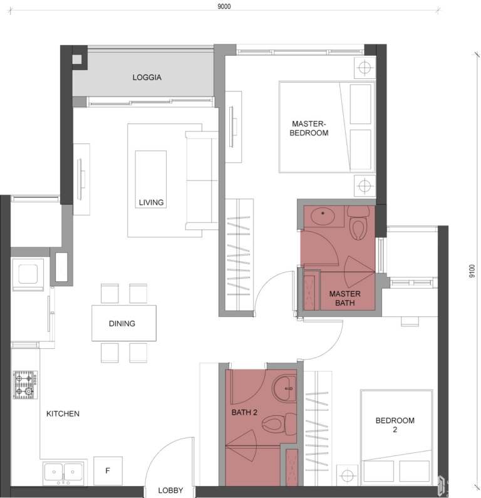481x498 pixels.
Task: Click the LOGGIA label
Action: pos(147,77)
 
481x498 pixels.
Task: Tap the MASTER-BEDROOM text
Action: pos(309,128)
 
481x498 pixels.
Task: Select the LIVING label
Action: pos(151,202)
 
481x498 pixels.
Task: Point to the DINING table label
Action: pos(122,323)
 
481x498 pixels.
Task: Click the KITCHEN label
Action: pos(63,413)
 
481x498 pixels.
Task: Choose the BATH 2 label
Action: pos(244,412)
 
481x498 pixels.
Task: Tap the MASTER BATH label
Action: pos(345,298)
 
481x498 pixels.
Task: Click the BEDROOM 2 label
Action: pos(395,425)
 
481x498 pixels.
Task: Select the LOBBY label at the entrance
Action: pos(170,490)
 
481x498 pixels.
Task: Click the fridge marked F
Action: pos(108,470)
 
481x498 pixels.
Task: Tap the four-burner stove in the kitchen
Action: pos(25,385)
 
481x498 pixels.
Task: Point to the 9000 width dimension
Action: pos(224,6)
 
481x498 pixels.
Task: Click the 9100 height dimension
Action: pos(472,271)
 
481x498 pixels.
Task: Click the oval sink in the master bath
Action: pos(323,216)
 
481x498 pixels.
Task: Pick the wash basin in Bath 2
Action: pos(284,388)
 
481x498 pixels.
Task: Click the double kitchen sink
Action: pos(63,472)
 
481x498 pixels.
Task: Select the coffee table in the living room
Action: pos(151,179)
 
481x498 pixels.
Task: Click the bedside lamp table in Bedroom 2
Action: pos(347,475)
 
